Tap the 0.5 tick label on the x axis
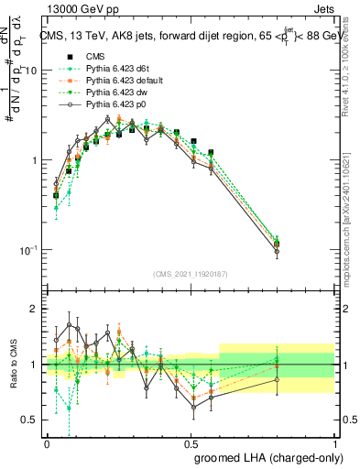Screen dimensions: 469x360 point(191,442)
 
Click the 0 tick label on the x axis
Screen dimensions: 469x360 point(47,442)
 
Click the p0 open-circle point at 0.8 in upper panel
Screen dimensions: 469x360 point(277,253)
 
